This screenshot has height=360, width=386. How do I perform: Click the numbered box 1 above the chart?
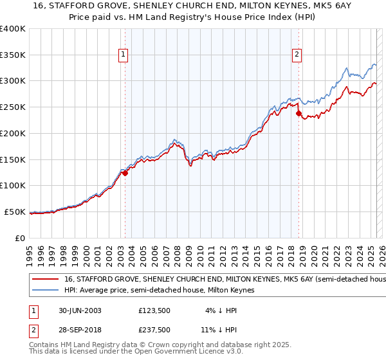123,55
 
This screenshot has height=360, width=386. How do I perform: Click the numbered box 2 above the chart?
297,55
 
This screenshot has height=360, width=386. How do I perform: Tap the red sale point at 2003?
125,173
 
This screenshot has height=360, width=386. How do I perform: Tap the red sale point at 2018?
299,114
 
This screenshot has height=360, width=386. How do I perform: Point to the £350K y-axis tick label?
13,55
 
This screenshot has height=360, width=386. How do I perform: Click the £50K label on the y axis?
15,212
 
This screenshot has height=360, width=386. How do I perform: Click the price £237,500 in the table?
154,330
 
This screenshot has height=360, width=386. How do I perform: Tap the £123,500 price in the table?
154,310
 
